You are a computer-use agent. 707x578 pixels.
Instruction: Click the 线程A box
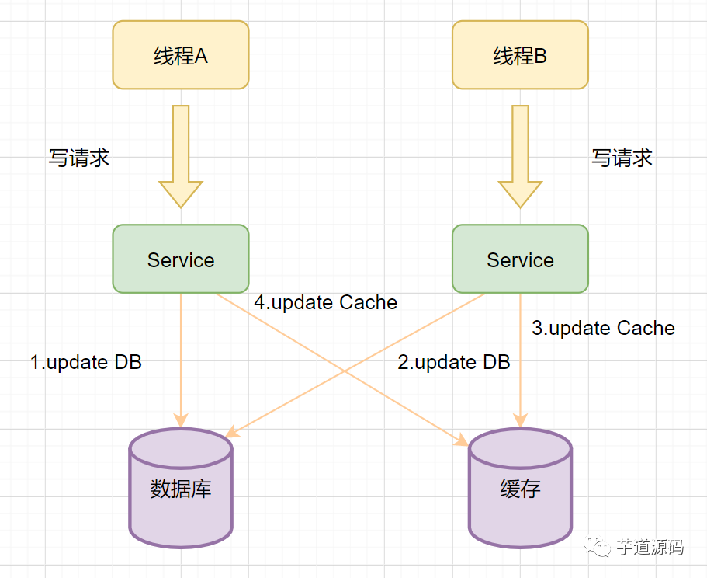181,55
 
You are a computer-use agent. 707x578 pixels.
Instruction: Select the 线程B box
520,55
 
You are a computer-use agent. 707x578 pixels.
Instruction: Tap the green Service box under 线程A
181,259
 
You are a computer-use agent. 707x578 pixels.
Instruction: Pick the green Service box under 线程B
520,259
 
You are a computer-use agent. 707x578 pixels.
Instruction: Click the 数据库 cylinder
181,488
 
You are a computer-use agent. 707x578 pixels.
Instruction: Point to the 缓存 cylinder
520,488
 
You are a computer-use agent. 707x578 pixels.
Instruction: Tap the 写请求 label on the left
79,158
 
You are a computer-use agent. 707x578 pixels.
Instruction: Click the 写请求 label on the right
622,158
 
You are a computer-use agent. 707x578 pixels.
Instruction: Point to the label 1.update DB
86,362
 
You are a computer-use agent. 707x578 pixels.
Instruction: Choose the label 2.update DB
454,362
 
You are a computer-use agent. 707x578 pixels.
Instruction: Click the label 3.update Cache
603,328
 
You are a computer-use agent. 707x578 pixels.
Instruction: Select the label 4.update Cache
325,302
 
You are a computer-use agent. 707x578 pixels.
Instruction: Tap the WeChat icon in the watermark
597,546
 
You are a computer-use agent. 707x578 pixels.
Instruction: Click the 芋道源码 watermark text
650,548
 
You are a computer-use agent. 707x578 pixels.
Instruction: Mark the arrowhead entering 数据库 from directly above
181,420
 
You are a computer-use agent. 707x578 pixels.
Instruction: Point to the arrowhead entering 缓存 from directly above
520,420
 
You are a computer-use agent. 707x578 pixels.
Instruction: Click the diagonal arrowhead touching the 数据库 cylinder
233,431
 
